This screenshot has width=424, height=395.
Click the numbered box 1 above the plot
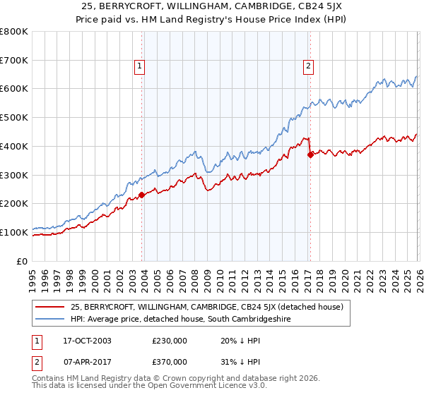pos(140,67)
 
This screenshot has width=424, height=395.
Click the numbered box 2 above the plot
pos(309,67)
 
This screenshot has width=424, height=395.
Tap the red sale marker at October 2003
pos(141,195)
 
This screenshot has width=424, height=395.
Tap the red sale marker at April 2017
pos(310,155)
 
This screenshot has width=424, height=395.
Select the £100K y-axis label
pos(14,232)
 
